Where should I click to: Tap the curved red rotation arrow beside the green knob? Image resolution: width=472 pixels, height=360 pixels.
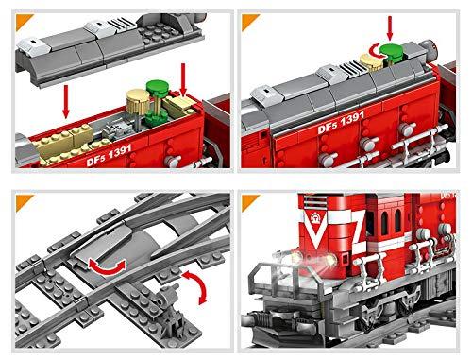pos(375,51)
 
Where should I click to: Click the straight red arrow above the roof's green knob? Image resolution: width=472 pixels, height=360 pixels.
pos(390,28)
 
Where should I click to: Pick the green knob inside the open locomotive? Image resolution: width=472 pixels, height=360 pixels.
pos(158,88)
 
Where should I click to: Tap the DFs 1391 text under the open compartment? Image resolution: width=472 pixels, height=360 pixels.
pos(109,155)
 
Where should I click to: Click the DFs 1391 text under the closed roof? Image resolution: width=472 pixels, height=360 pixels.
pos(341,123)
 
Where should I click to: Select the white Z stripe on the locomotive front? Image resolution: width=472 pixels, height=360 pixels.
pos(356,228)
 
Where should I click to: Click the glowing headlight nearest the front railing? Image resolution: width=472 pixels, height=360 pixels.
pos(295,257)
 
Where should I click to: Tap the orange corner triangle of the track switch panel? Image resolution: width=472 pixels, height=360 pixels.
pos(25,203)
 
